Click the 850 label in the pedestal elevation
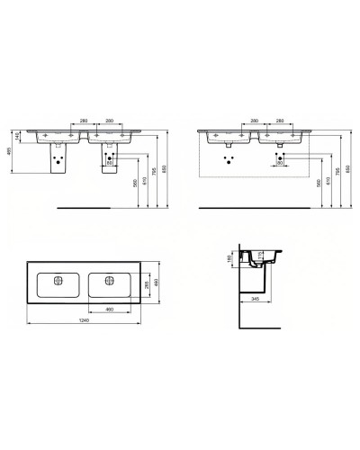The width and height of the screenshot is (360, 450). point(163,171)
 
